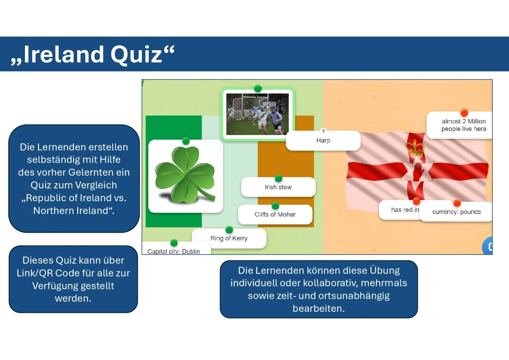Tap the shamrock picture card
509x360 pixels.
coord(186,176)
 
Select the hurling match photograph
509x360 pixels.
coord(257,114)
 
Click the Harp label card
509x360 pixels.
coord(323,140)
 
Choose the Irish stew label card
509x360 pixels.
coord(278,187)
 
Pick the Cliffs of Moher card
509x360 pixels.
coord(275,214)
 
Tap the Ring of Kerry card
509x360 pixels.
coord(229,238)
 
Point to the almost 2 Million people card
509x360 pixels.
coord(460,125)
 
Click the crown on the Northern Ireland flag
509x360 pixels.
coord(415,149)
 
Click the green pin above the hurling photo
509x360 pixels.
coord(258,88)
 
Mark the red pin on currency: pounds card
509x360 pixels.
coord(457,203)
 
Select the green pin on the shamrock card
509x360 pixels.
coord(186,141)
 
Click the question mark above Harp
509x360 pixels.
coord(323,131)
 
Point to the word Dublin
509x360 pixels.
coord(191,251)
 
